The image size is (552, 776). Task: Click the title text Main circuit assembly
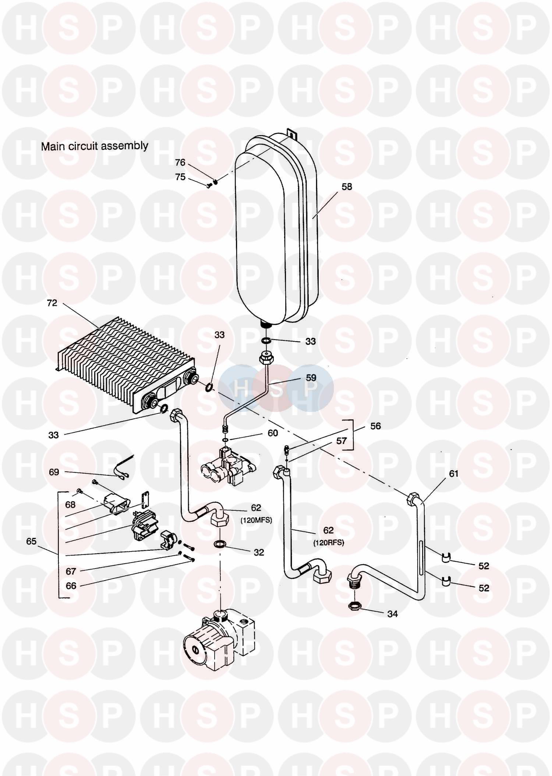coord(95,146)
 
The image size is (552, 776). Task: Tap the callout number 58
coord(347,187)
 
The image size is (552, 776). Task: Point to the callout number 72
coord(52,303)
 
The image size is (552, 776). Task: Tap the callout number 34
coord(392,614)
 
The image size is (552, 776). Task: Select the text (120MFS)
coord(256,520)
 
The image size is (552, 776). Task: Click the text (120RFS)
coord(329,543)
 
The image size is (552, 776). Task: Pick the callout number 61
coord(453,474)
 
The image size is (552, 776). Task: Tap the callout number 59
coord(311,378)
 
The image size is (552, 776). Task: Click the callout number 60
coord(273,433)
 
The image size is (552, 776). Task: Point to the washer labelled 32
coord(220,544)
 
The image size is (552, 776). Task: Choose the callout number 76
coord(180,163)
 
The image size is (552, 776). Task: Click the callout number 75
coord(180,177)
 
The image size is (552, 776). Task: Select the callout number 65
coord(31,541)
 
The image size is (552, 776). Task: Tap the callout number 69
coord(54,472)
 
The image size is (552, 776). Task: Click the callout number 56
coord(375,426)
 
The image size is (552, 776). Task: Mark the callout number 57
coord(342,441)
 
